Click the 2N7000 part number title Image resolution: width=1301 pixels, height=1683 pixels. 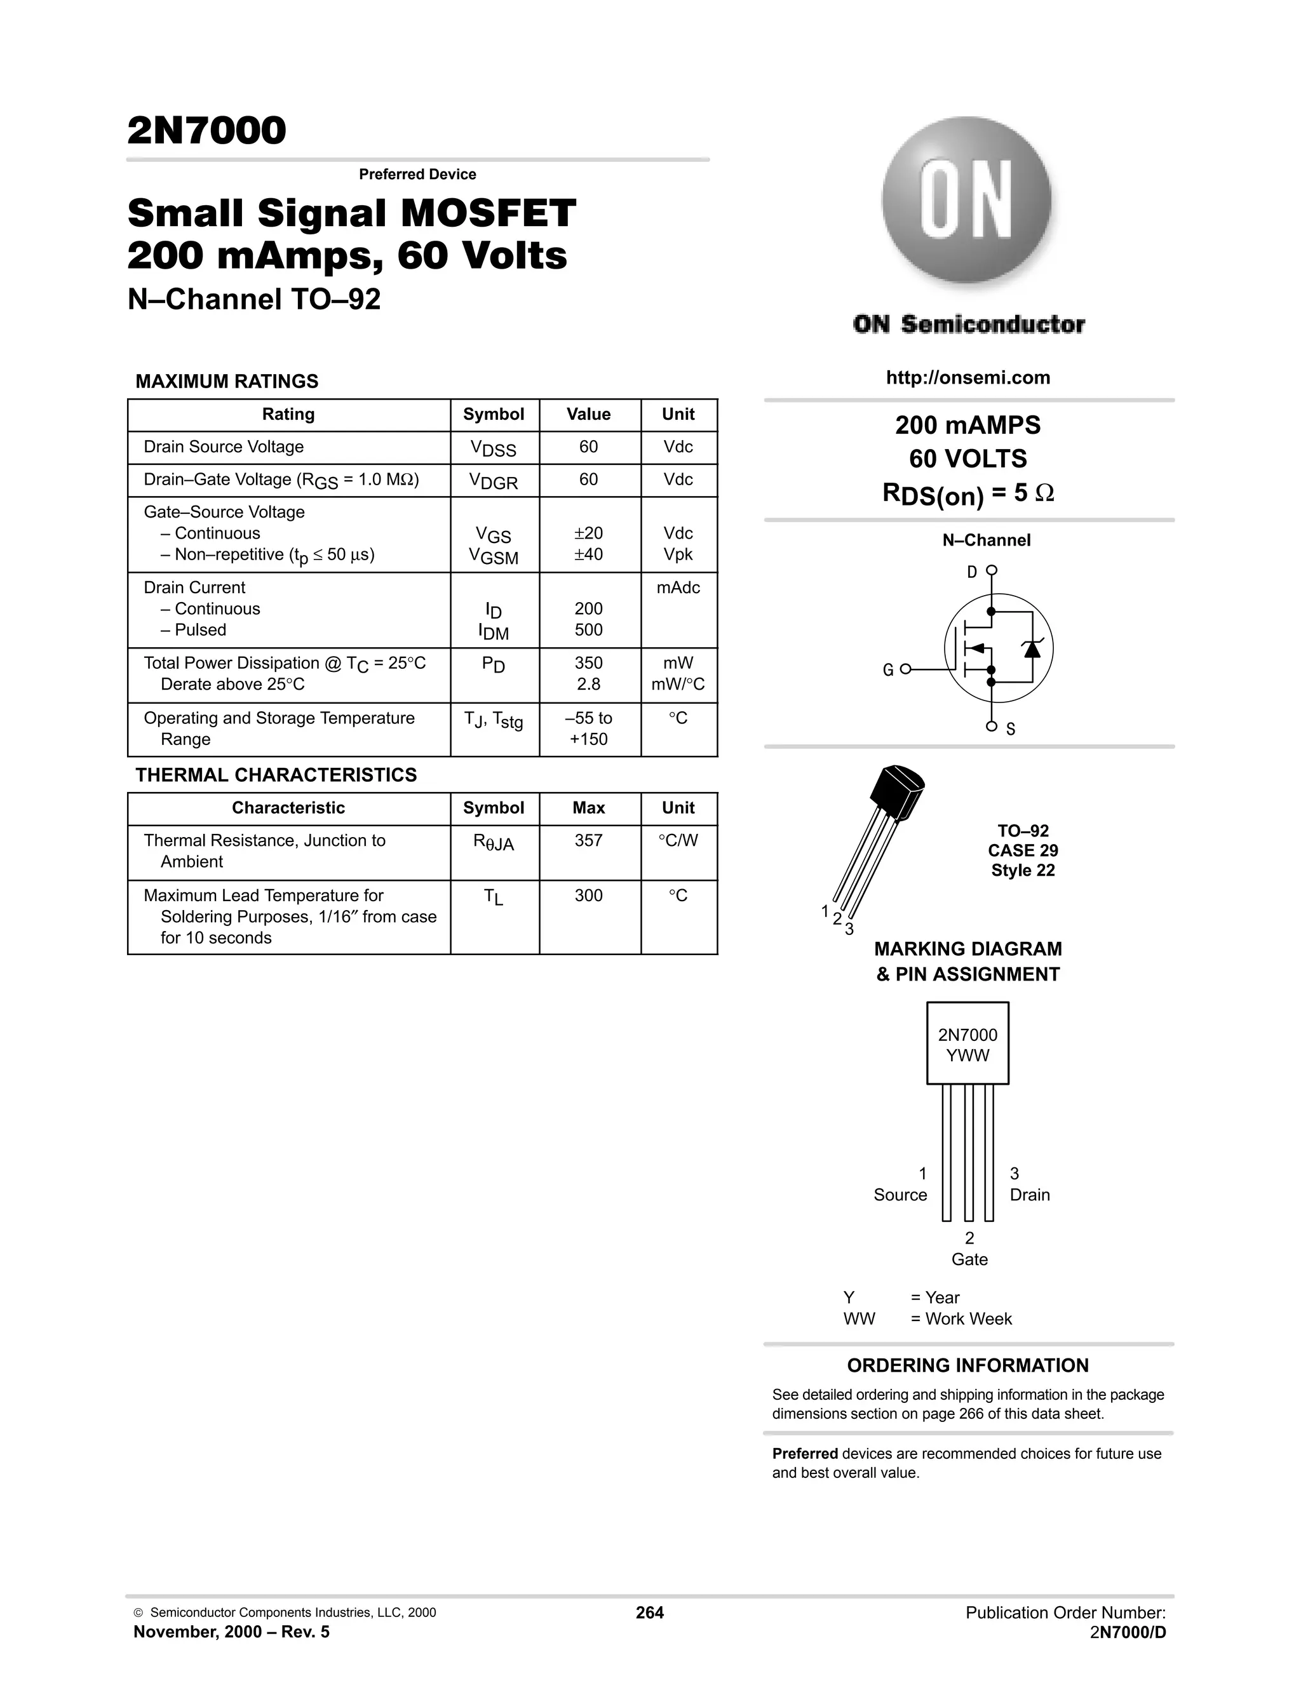coord(206,130)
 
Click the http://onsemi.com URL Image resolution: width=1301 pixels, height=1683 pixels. coord(968,378)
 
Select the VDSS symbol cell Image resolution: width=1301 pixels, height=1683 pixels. coord(493,448)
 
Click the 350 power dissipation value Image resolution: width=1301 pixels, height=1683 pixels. coord(588,662)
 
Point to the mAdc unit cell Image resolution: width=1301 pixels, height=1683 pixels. coord(678,588)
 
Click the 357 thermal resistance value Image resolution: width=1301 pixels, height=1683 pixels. coord(588,841)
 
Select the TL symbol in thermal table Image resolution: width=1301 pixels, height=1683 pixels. coord(493,897)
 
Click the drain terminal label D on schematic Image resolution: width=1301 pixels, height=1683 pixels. coord(972,572)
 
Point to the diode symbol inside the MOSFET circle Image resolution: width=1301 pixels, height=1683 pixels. coord(1033,649)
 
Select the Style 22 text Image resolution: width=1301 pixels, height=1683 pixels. coord(1023,871)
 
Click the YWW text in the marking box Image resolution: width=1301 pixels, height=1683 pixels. coord(967,1056)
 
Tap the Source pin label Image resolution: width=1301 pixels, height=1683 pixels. coord(900,1195)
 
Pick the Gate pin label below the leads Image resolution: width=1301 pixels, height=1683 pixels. coord(969,1260)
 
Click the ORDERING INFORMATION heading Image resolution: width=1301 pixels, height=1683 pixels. coord(967,1365)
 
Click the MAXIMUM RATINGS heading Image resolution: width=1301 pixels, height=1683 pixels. coord(227,382)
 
